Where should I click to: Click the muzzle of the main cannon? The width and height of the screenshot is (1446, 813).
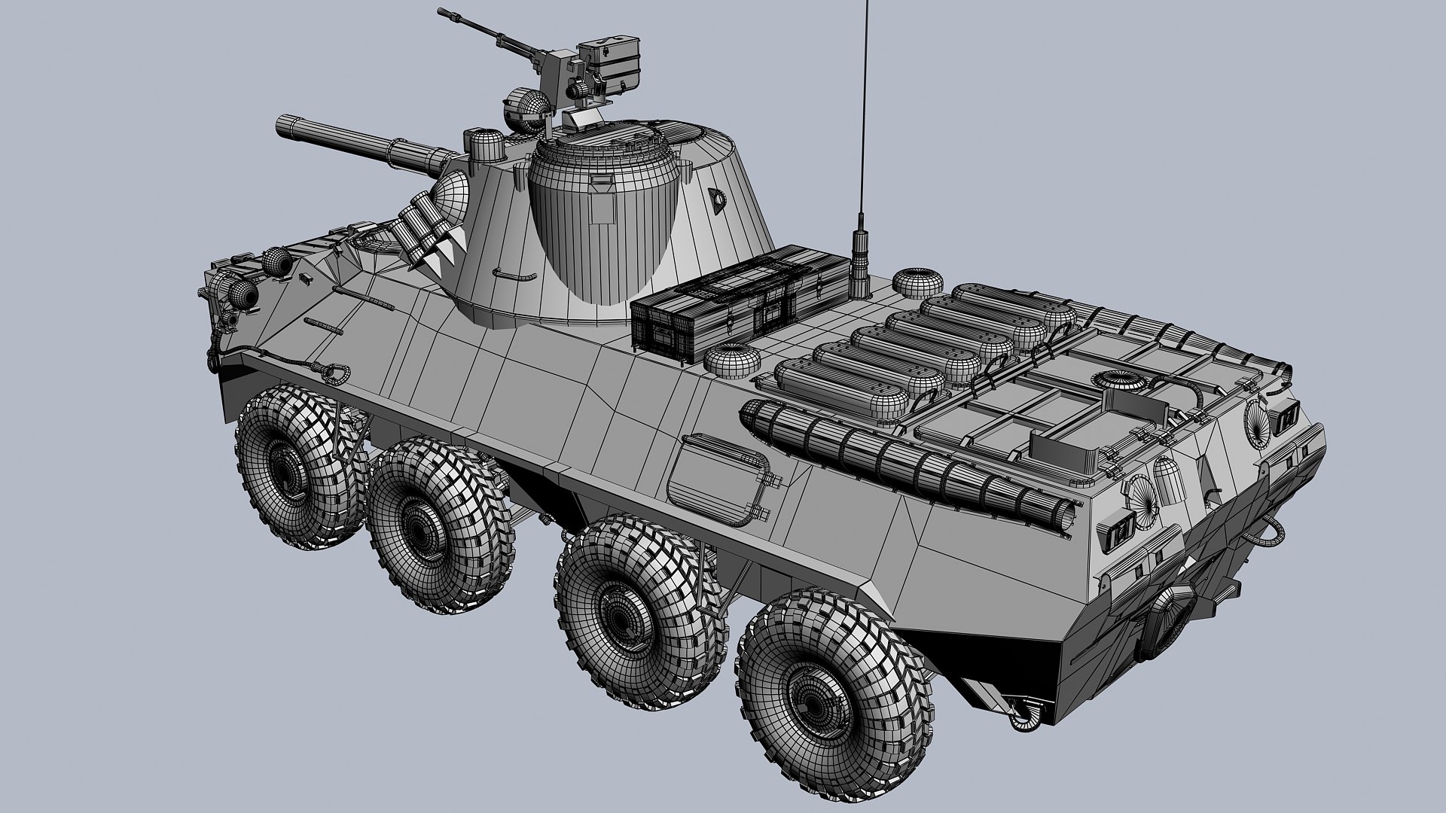[x=283, y=124]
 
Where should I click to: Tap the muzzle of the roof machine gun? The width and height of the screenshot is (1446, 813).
[x=443, y=13]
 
